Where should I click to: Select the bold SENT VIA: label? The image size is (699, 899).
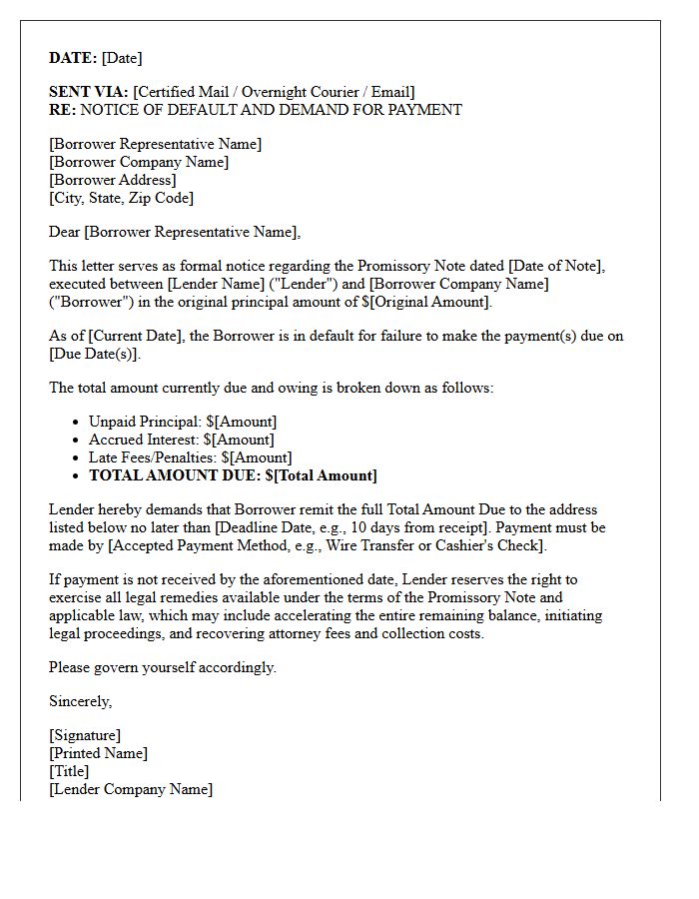(x=89, y=92)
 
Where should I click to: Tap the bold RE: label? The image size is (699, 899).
(x=62, y=110)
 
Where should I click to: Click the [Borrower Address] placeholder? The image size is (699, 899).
(x=113, y=180)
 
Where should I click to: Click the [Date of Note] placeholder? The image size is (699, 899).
(x=554, y=267)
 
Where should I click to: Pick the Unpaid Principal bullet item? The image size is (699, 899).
(x=183, y=423)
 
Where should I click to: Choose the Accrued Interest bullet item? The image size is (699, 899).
(x=181, y=441)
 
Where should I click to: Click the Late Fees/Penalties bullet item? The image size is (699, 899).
(x=190, y=458)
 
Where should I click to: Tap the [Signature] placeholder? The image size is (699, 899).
(x=85, y=736)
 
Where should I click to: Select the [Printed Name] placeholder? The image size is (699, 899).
(x=98, y=754)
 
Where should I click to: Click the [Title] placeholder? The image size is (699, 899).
(x=69, y=772)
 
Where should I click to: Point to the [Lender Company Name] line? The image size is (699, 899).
(x=131, y=790)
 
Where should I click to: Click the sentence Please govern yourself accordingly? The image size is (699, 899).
(x=163, y=667)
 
